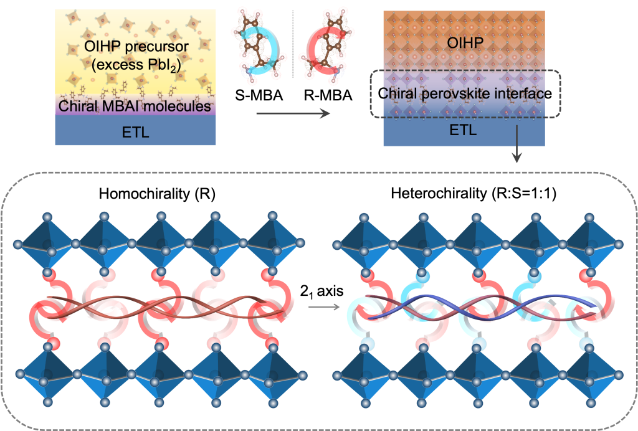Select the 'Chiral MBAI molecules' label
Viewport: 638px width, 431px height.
[135, 107]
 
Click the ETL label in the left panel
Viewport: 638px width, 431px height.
[135, 131]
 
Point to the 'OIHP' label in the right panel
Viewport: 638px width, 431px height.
[464, 42]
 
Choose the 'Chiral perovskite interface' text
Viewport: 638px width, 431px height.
[464, 94]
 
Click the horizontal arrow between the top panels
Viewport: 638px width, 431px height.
[292, 113]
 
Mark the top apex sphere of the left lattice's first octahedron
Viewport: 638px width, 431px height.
[47, 216]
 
